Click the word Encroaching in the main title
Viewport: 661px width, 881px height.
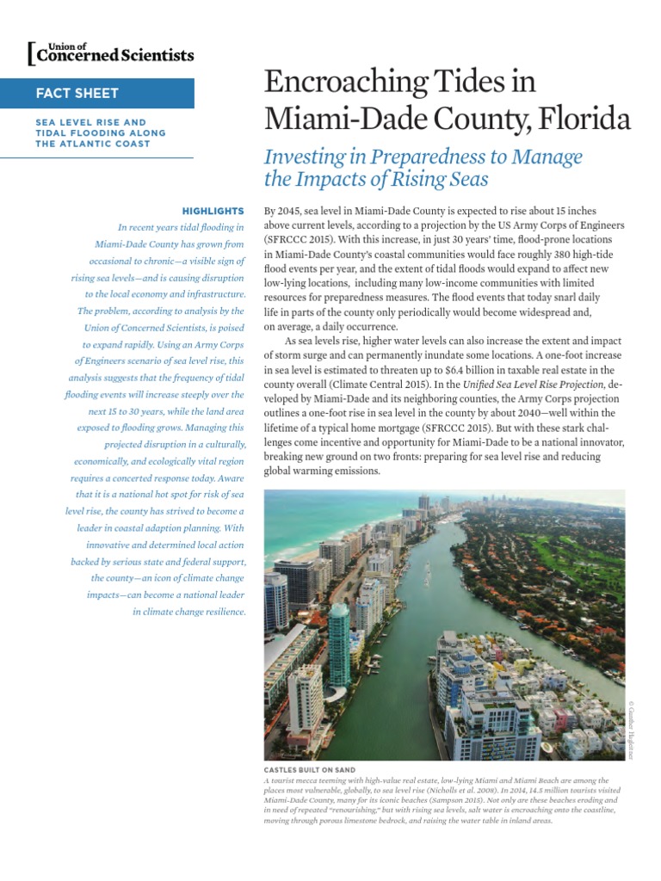pos(337,83)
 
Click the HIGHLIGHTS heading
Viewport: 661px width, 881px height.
pos(213,210)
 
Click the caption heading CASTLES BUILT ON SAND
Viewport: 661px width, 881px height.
pos(309,768)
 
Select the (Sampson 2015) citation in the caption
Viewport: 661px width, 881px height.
pos(449,799)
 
